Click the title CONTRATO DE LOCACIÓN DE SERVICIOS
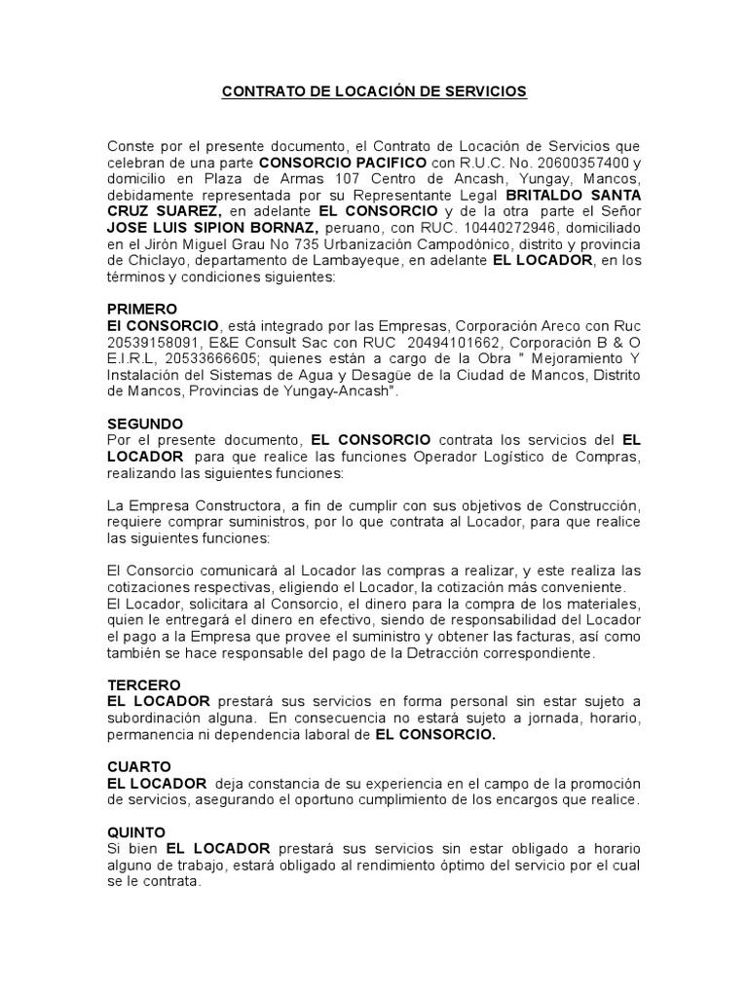pyautogui.click(x=374, y=92)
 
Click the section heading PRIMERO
pyautogui.click(x=142, y=309)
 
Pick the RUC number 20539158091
pyautogui.click(x=154, y=342)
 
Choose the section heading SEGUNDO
pyautogui.click(x=145, y=424)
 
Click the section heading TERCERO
pyautogui.click(x=144, y=684)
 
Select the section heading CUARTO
pyautogui.click(x=139, y=766)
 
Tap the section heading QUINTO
pyautogui.click(x=137, y=832)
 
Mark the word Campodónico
pyautogui.click(x=442, y=243)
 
